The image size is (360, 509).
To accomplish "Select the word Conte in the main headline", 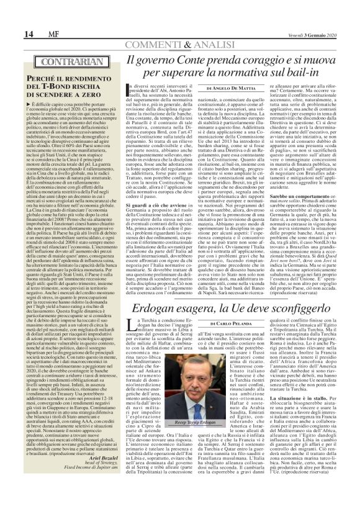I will click(188, 61).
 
